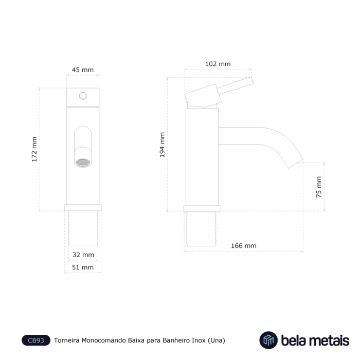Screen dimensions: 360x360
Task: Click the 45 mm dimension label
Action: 83,70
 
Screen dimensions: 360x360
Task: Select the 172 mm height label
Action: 34,150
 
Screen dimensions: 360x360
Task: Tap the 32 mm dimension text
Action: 83,255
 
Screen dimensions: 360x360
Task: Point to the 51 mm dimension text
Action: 83,267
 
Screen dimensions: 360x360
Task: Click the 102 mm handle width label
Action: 218,64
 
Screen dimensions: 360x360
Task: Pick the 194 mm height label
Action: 163,145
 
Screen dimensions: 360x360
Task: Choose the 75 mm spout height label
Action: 319,187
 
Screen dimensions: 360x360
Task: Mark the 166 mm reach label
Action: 244,246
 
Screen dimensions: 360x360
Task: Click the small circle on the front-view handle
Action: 83,96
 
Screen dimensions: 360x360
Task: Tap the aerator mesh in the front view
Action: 83,163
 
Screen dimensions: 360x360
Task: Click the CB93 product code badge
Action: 36,340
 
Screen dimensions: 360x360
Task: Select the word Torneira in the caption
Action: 66,340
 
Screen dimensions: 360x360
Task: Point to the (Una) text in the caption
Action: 217,340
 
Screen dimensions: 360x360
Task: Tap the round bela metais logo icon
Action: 268,340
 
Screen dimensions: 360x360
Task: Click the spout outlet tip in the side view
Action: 296,164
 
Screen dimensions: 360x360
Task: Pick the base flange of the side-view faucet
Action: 202,209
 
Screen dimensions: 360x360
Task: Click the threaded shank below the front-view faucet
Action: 83,228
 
